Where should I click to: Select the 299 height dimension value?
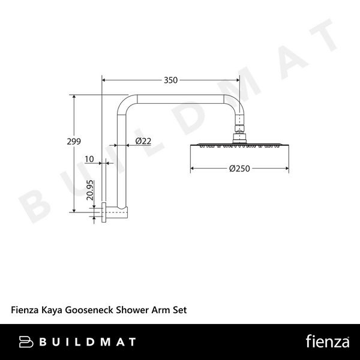[74, 142]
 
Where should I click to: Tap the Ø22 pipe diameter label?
[143, 141]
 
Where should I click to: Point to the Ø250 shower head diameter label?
[240, 169]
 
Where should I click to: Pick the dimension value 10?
[90, 159]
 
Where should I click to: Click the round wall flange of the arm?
[105, 211]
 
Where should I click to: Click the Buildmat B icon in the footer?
[26, 343]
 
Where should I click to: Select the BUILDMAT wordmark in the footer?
[87, 343]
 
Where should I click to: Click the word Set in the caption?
[181, 310]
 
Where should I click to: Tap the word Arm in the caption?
[161, 310]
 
